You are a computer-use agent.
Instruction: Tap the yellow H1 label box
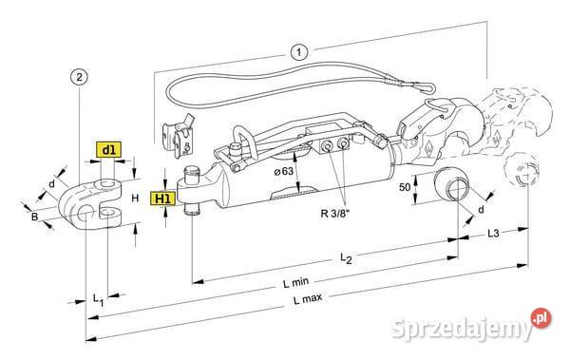click(164, 199)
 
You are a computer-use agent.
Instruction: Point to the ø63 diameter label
click(284, 171)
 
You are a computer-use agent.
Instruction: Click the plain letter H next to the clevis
click(135, 198)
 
